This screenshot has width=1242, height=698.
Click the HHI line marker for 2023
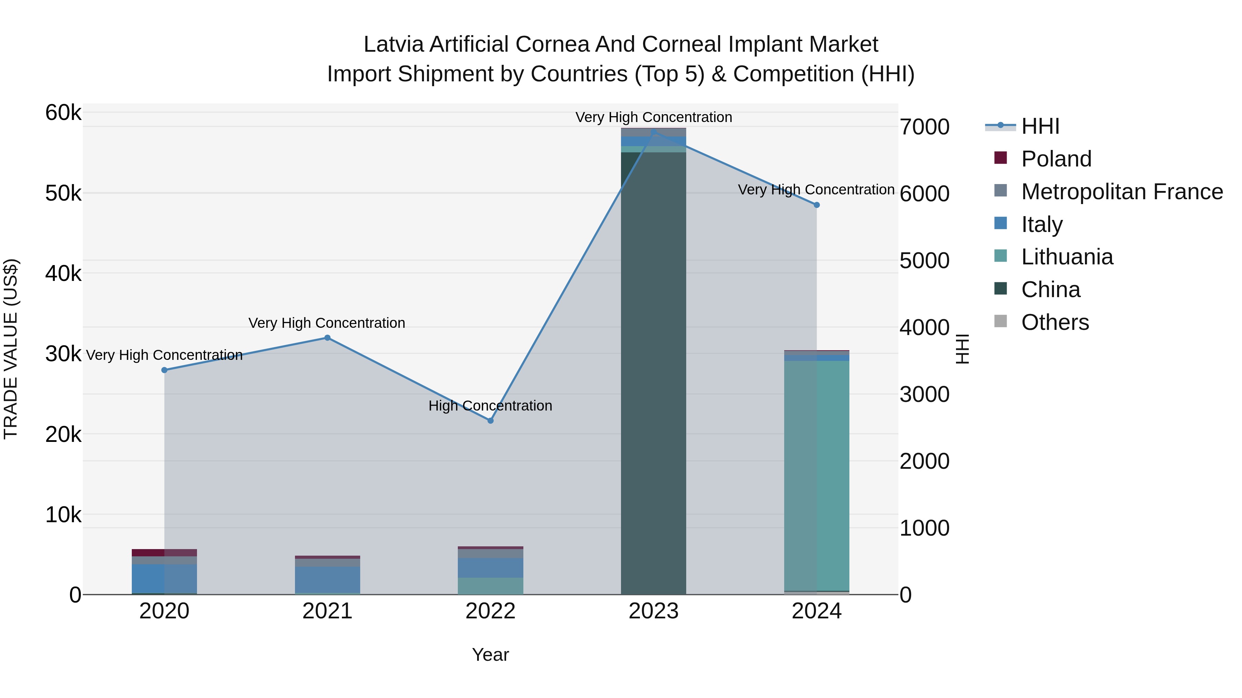(654, 132)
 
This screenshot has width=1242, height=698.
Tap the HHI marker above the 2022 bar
(490, 421)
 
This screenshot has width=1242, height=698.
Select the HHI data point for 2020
(165, 370)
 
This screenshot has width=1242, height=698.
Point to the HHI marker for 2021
(327, 338)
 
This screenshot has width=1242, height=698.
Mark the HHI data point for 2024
(817, 205)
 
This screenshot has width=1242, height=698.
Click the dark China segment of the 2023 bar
(653, 376)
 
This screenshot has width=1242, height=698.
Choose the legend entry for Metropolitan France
(1122, 192)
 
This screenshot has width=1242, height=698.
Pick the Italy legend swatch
(1000, 223)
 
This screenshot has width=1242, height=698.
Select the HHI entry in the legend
(1040, 126)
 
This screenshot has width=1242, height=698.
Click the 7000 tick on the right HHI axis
(924, 127)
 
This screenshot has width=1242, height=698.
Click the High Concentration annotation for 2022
(490, 406)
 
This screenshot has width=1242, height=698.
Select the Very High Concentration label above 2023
(654, 117)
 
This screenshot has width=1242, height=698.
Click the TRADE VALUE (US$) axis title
(11, 349)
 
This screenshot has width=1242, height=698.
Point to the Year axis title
(490, 655)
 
